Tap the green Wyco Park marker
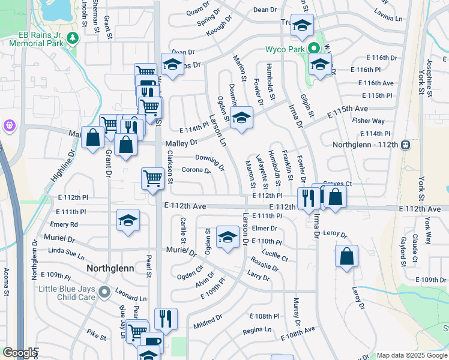coord(313,49)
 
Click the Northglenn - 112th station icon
coord(406,145)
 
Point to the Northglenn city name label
coord(110,268)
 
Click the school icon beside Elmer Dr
coord(228,237)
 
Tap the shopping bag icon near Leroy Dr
coord(347,256)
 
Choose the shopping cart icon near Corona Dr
coord(153,178)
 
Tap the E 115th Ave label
coord(348,112)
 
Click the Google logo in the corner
coord(20,353)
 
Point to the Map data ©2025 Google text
coord(411,355)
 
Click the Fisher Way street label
coord(368,121)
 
